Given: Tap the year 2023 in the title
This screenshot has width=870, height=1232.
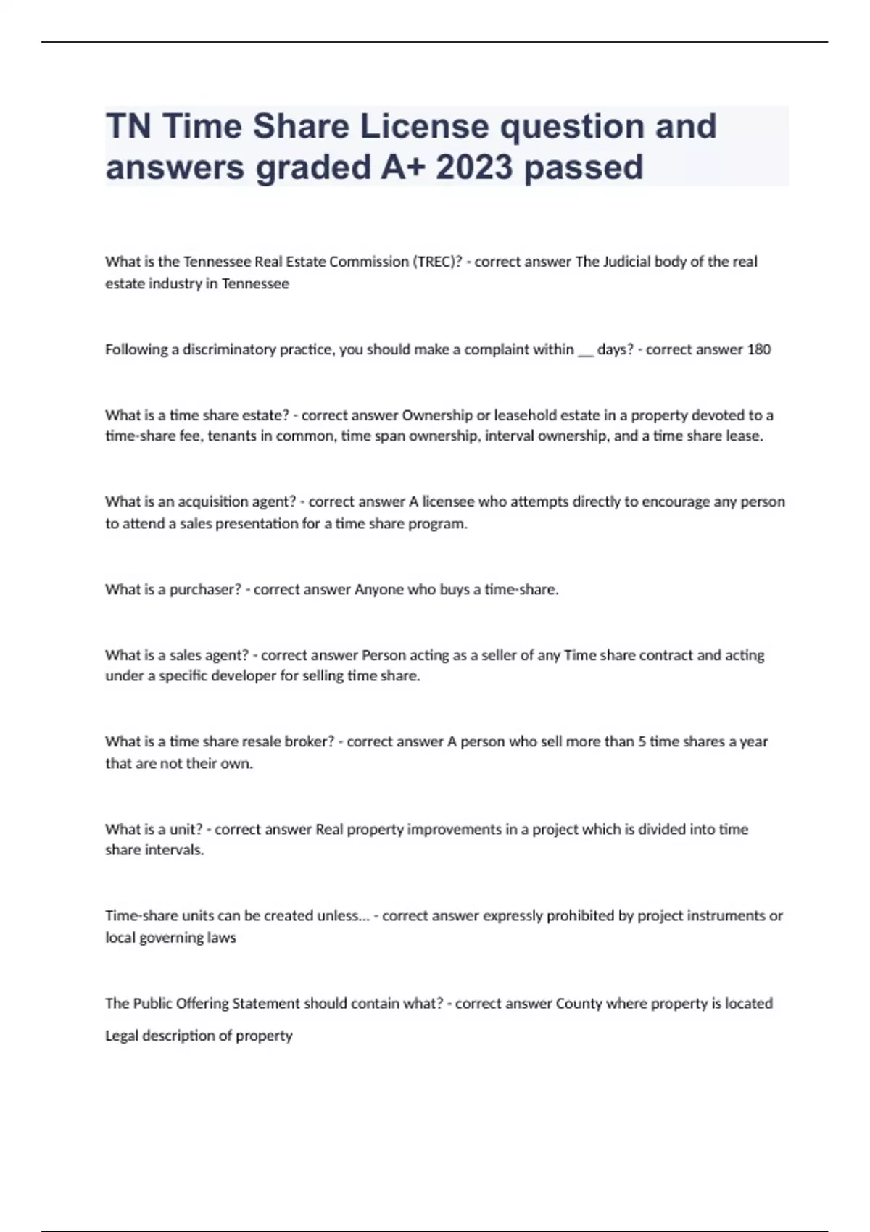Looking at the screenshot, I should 474,167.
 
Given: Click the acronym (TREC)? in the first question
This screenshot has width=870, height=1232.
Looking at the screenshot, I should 437,262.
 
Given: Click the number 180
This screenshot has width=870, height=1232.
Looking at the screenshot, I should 758,349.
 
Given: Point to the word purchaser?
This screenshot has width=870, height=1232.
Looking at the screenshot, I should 205,589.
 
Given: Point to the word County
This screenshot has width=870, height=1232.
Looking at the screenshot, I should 579,1004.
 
